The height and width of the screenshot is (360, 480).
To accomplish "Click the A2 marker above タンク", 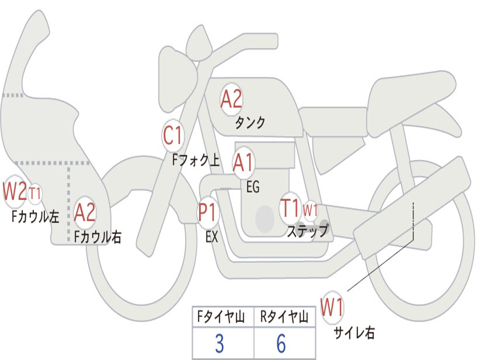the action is coord(231,99).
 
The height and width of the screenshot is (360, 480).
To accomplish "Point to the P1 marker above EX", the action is coord(208,212).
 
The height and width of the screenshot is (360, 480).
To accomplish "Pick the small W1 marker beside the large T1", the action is coord(310,210).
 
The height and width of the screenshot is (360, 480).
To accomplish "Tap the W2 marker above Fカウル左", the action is coord(15,191).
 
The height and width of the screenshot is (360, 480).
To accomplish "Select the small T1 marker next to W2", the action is coord(35,193).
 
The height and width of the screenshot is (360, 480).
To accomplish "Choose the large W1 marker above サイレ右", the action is coord(332,308).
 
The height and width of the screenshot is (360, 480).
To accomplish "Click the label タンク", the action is coord(250,123).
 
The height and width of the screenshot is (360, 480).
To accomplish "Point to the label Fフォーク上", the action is coord(195,161).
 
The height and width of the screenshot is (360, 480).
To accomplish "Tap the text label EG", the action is coord(253,187).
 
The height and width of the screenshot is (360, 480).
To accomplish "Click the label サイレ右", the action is coord(354,333).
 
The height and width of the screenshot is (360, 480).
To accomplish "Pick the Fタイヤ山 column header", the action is coord(220,318).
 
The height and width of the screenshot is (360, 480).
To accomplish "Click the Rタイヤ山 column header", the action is coord(284,318).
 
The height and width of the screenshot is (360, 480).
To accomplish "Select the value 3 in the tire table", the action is coord(219,344).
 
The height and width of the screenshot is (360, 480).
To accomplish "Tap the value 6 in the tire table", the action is coord(281,344).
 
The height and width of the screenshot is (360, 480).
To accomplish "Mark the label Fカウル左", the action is coord(36,216).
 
